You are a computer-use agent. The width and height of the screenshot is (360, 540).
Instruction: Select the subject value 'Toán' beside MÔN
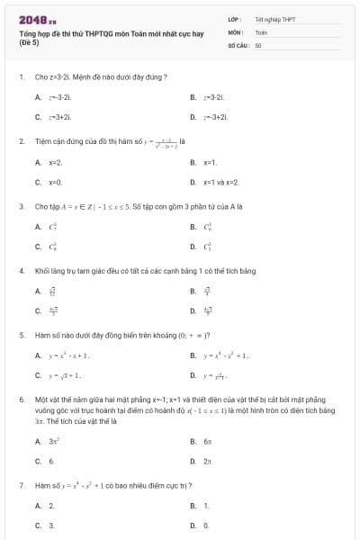click(261, 31)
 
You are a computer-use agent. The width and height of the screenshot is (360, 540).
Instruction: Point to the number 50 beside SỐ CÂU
click(257, 44)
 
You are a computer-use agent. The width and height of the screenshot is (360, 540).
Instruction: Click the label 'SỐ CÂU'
click(238, 44)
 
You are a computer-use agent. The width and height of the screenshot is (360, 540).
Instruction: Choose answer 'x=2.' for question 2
click(54, 163)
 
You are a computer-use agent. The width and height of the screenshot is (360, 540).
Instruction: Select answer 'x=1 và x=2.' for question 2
click(220, 182)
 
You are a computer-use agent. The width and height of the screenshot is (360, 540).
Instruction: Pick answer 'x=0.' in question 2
click(54, 182)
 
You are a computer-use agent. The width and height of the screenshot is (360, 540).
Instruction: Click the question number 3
click(22, 206)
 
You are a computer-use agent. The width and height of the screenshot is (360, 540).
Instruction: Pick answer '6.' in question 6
click(51, 461)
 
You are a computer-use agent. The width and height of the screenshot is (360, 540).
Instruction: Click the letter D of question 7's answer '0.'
click(193, 525)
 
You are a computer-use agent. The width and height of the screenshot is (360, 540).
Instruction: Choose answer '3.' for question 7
click(51, 525)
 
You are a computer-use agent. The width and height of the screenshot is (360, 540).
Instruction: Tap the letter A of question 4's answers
click(39, 292)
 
